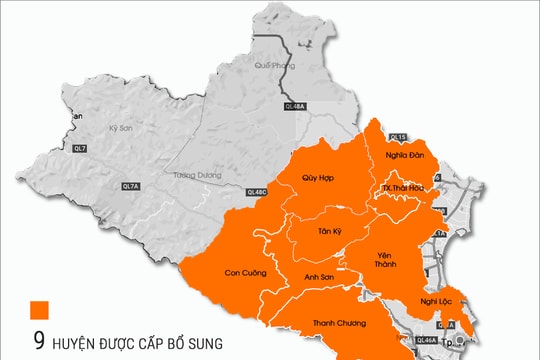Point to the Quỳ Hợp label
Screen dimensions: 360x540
tap(317, 177)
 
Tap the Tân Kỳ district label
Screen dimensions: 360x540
tap(331, 231)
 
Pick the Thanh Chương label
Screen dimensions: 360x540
tap(338, 323)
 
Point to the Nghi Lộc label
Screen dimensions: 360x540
tap(437, 299)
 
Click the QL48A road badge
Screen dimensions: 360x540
tap(294, 103)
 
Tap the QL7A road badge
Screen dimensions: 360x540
tap(131, 186)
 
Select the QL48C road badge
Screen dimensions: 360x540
tap(257, 191)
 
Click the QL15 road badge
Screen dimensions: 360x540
tap(396, 136)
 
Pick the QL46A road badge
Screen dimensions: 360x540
tap(426, 341)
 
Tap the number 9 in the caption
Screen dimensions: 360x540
tap(38, 342)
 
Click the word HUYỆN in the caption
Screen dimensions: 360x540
tap(79, 343)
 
